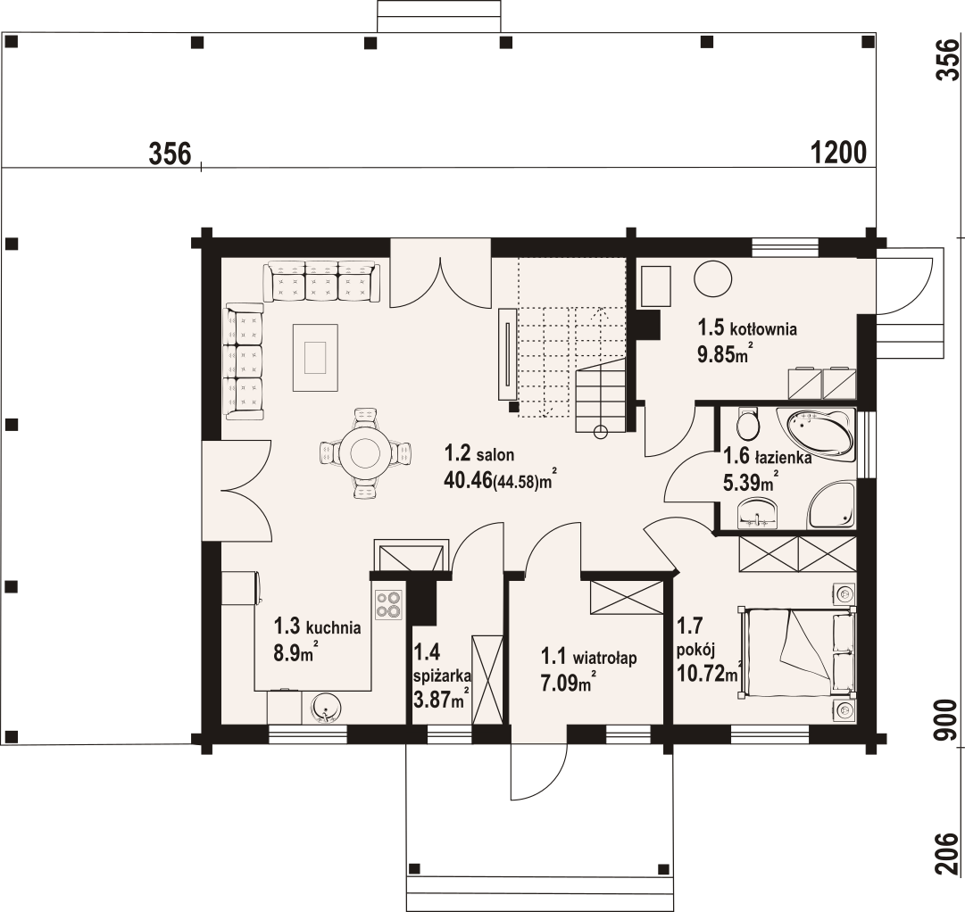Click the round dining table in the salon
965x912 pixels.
(x=366, y=453)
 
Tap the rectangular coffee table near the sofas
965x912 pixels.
(x=315, y=357)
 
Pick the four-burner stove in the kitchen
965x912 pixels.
(x=388, y=605)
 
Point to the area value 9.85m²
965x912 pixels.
(x=722, y=354)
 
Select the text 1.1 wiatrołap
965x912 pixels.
(x=587, y=659)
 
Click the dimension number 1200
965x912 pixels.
(x=839, y=153)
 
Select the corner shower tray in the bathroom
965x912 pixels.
(x=831, y=508)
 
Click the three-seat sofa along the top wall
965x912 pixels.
(x=320, y=281)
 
